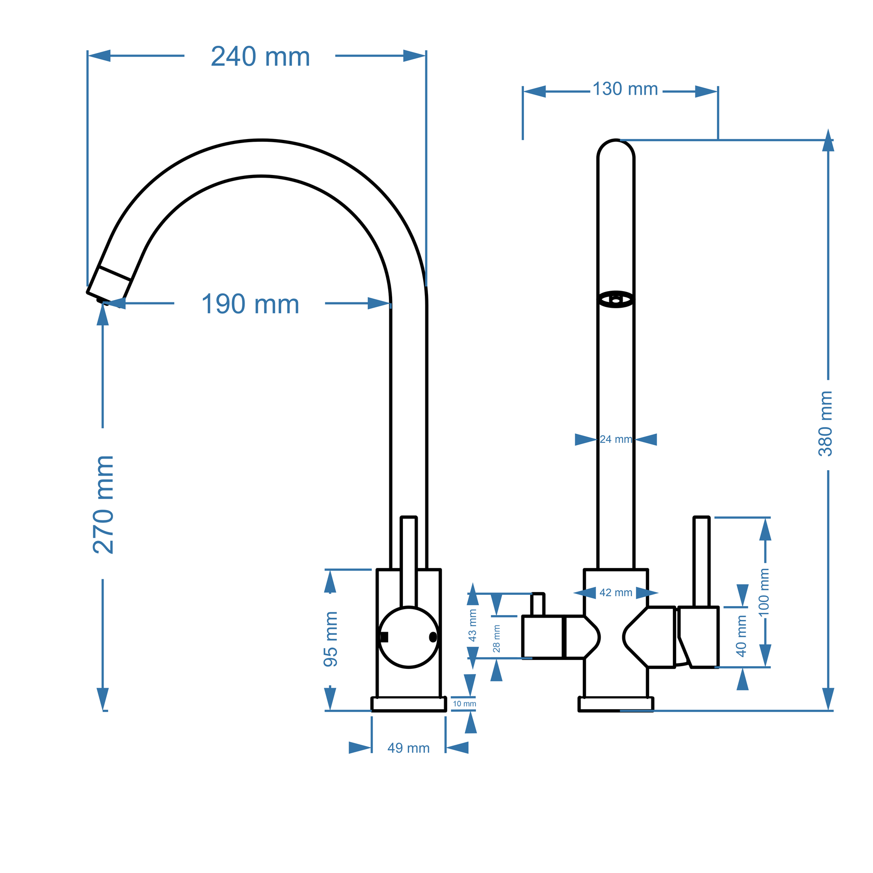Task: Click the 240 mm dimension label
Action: tap(260, 57)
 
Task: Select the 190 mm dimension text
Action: tap(250, 304)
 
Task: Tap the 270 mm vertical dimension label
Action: tap(104, 505)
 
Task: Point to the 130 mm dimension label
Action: tap(625, 89)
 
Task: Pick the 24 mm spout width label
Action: tap(615, 439)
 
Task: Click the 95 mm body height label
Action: tap(331, 639)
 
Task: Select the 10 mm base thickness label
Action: tap(464, 704)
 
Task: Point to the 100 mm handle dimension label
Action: tap(763, 592)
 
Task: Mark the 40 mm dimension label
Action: tap(742, 636)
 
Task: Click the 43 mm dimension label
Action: tap(473, 625)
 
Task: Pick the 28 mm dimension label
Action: tap(497, 638)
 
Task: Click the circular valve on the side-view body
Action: tap(409, 637)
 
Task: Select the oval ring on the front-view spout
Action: tap(616, 299)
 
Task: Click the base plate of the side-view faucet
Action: tap(409, 704)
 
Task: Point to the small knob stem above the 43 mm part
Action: tap(538, 605)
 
